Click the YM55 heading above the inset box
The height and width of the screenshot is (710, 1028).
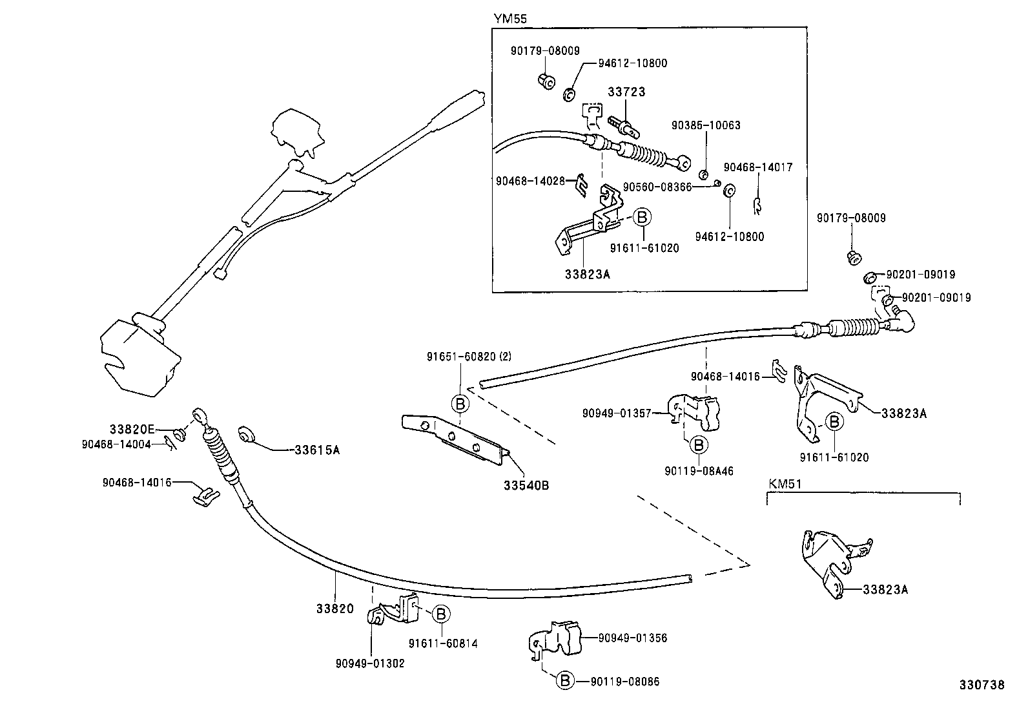click(x=510, y=19)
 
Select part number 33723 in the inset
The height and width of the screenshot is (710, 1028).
click(x=626, y=92)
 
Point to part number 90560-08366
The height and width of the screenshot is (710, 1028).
click(x=657, y=187)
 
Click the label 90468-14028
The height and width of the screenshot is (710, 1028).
click(x=530, y=182)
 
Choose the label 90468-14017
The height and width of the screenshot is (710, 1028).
click(x=757, y=167)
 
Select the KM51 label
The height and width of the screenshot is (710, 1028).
click(x=784, y=483)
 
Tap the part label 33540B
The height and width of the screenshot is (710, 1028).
click(x=526, y=485)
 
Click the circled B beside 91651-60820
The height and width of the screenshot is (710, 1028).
click(x=460, y=404)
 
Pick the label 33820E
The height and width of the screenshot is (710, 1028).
click(x=132, y=429)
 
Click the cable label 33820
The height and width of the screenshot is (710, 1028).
click(x=335, y=608)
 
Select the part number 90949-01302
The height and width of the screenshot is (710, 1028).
click(x=370, y=663)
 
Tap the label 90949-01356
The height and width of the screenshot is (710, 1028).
click(x=632, y=638)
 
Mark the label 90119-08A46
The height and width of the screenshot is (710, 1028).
click(x=699, y=472)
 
